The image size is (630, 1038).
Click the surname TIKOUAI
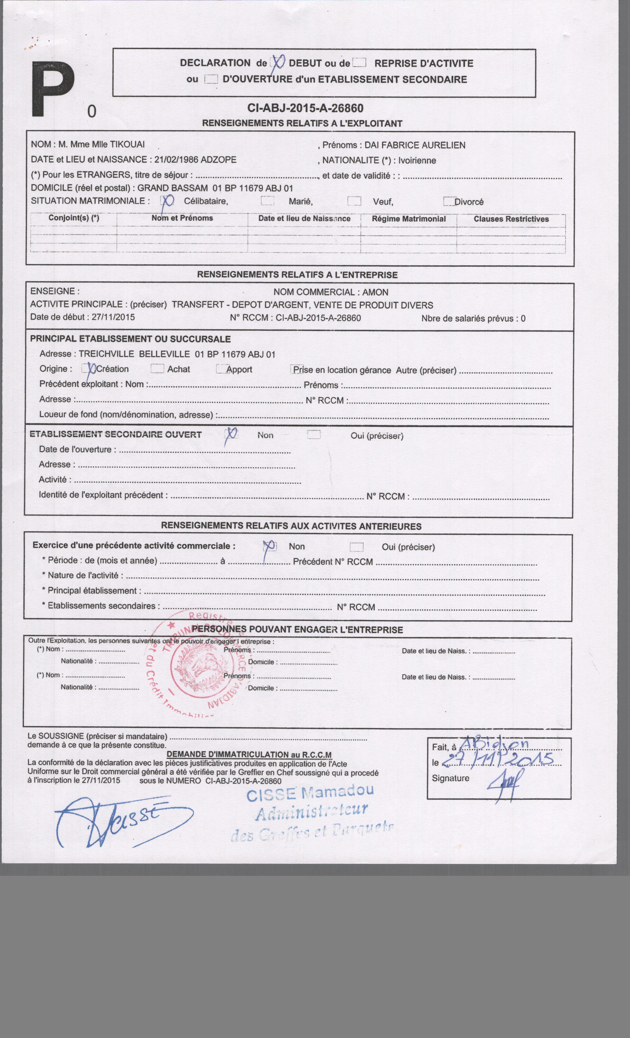127,145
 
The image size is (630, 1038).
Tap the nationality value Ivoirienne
417,160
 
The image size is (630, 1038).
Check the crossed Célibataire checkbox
167,201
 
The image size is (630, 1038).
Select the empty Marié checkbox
267,201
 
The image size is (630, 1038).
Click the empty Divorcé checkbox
449,201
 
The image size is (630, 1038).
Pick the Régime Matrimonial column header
408,219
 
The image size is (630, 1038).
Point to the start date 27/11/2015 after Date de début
113,317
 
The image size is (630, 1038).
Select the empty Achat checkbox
157,368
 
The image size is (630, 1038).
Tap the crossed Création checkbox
89,368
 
